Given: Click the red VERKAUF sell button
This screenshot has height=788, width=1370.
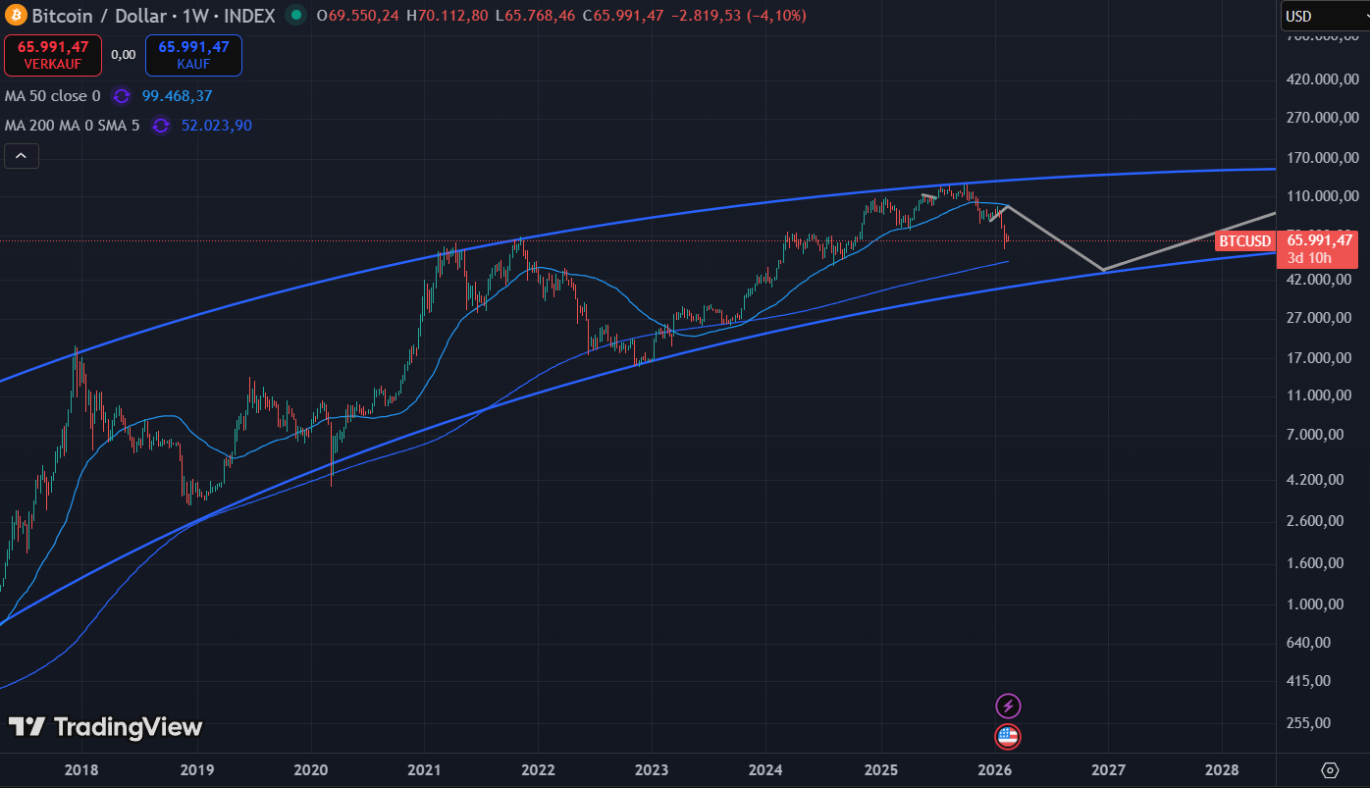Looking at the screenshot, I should (52, 55).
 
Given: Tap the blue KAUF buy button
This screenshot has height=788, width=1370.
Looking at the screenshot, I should (193, 55).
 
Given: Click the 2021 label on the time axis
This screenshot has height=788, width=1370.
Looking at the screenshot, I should (424, 770).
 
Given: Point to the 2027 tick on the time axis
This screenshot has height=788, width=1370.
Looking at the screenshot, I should (1107, 770).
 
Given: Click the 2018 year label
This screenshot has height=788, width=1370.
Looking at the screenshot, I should (80, 770).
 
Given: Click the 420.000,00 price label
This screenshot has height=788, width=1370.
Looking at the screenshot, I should (1320, 79).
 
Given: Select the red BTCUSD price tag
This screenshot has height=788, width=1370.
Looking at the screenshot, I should (1245, 241).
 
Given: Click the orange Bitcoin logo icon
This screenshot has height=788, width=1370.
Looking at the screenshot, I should (16, 16).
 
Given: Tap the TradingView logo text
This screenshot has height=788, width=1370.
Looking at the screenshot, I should (106, 727).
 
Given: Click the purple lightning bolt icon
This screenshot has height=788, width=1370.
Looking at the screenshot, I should (1008, 706).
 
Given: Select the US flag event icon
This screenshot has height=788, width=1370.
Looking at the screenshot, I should (1008, 736).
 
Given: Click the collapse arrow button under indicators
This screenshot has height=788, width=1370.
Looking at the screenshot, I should (22, 155).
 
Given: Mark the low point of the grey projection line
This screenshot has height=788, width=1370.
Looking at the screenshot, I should (1103, 270).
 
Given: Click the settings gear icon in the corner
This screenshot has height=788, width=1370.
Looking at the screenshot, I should (1331, 770).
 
